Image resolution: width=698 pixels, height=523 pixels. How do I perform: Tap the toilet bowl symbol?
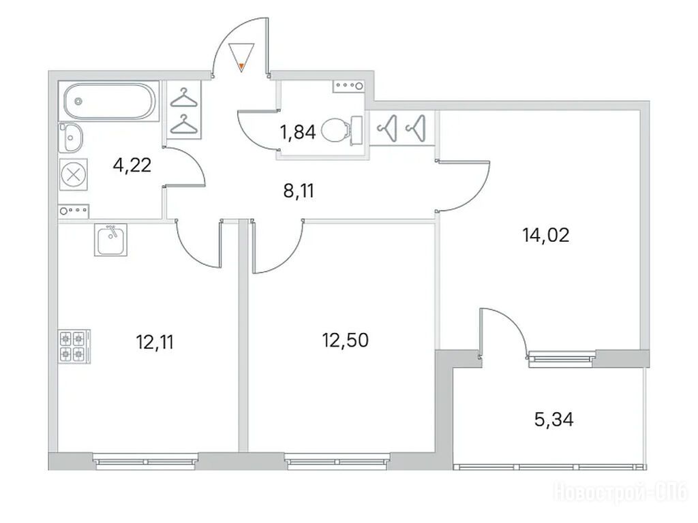click(342, 130)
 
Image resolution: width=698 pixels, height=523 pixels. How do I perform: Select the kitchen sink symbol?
click(110, 240)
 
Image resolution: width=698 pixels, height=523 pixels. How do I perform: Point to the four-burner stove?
click(74, 347)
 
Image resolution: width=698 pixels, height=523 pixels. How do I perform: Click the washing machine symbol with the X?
click(74, 174)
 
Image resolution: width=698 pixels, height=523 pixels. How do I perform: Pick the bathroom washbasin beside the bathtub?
click(71, 138)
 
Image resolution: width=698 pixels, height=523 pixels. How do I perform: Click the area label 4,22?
click(132, 165)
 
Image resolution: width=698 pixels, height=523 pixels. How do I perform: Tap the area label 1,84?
click(297, 132)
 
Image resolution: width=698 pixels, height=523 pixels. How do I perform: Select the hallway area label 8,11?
click(299, 191)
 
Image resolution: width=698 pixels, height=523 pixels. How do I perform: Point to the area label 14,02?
click(546, 234)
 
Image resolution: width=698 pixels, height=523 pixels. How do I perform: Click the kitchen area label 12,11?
click(155, 342)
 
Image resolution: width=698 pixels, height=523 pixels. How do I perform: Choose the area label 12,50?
click(345, 340)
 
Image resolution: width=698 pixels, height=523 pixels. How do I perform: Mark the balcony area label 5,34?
click(553, 419)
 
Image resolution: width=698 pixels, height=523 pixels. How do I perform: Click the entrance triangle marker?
click(241, 57)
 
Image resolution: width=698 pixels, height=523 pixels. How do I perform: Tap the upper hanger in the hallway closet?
click(183, 98)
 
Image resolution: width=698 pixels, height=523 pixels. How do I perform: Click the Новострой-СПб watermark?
click(620, 493)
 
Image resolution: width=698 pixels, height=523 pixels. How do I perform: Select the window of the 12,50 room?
click(337, 462)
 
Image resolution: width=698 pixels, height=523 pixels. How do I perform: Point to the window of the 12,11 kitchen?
click(146, 462)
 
